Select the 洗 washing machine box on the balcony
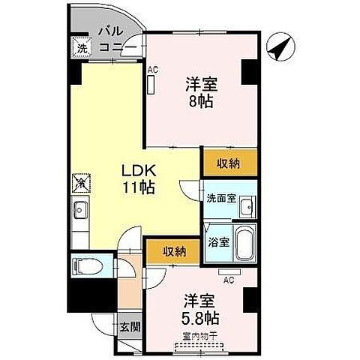coord(81,47)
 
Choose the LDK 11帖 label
coord(138,180)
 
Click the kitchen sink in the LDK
coord(80,211)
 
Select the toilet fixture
coord(81,267)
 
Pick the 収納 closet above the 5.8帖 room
coord(173,250)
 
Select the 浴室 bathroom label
coord(217,242)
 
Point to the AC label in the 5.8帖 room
coord(229,280)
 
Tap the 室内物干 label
coord(199,337)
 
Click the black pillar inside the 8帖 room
coord(248,73)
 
